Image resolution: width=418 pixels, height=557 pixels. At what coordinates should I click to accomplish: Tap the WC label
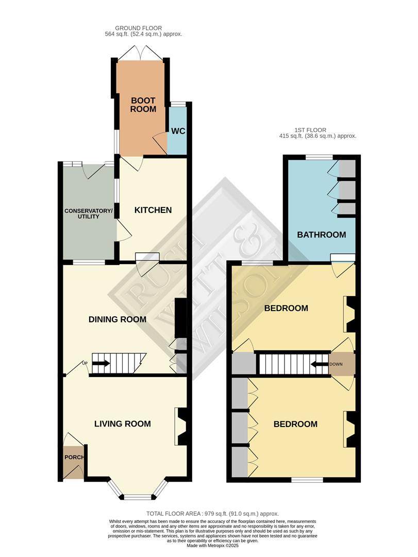tap(178, 131)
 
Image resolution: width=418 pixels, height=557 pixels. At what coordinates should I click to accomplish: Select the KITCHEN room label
tap(153, 210)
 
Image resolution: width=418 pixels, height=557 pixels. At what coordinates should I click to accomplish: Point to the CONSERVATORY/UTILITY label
tap(88, 214)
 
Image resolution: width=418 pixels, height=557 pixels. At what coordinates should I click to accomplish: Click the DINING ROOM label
tap(118, 319)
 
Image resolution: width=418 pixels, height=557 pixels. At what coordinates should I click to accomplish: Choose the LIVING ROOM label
tap(123, 424)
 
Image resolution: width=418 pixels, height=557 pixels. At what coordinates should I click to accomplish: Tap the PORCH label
tap(74, 457)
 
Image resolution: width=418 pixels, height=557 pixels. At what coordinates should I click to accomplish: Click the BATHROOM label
tap(321, 235)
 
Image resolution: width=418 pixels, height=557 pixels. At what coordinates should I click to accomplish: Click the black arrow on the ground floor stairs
tap(101, 363)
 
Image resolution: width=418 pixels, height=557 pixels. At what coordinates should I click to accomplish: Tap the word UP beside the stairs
tap(85, 363)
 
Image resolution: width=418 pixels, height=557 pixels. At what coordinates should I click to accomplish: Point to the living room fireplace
tap(182, 426)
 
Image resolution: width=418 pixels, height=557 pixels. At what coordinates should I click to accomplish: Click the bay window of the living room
tap(138, 496)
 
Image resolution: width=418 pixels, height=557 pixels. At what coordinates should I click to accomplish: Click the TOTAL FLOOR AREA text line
tap(212, 514)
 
